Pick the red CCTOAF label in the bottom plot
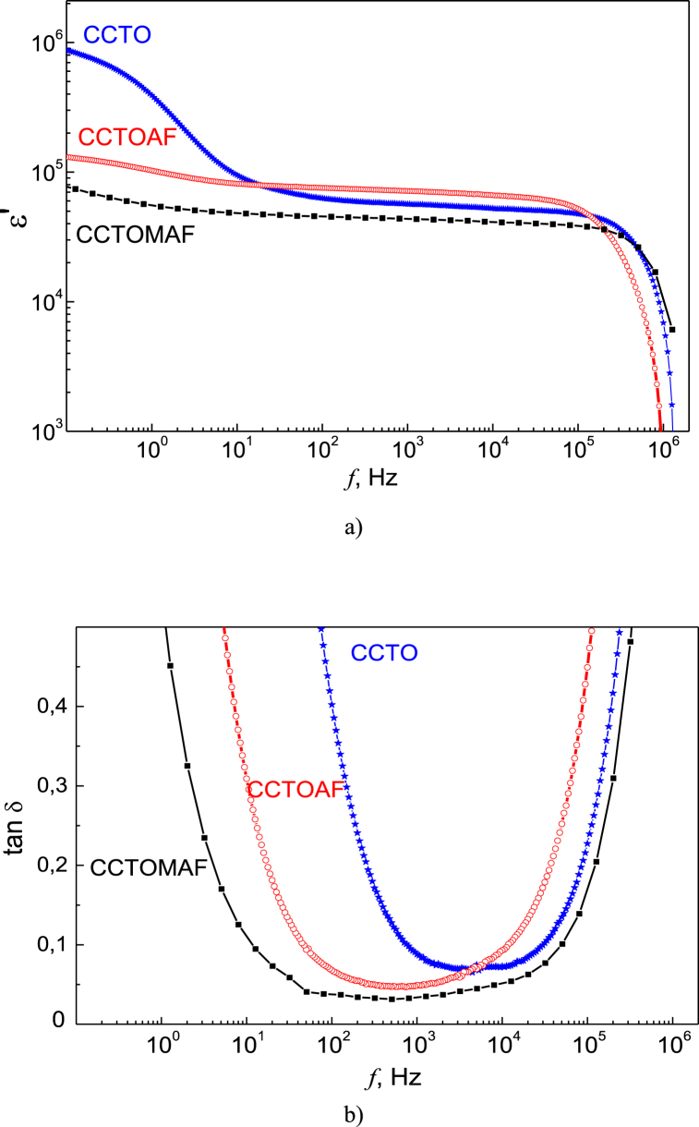click(x=295, y=789)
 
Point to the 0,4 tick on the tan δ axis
click(x=52, y=707)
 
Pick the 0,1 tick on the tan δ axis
click(x=52, y=944)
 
